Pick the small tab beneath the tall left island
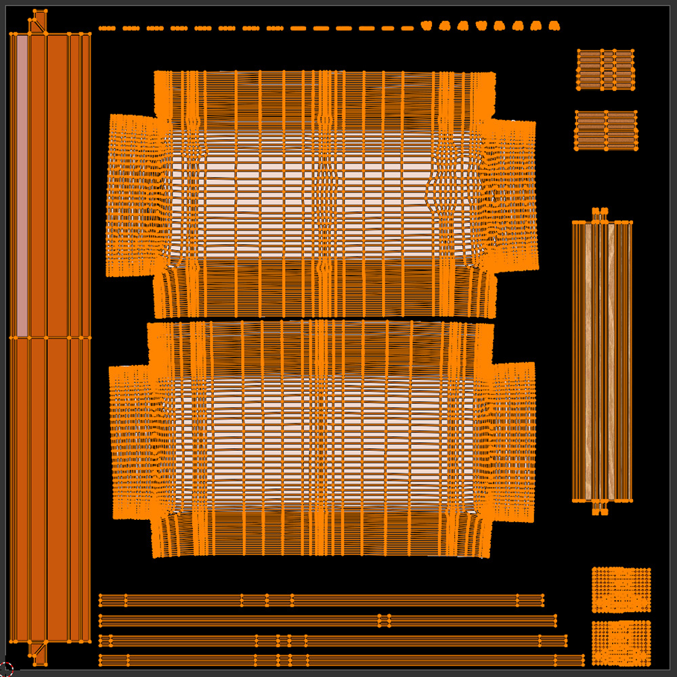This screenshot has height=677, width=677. tap(39, 651)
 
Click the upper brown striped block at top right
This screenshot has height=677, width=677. tap(605, 68)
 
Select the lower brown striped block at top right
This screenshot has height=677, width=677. tap(606, 130)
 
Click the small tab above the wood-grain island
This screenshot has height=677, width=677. tap(599, 215)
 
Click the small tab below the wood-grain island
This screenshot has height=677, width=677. tap(600, 507)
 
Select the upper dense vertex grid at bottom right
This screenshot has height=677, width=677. tap(621, 589)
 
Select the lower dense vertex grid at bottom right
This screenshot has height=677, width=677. tap(621, 643)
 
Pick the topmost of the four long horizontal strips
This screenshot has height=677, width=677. tap(322, 600)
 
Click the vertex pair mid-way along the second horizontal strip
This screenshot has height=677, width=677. tap(384, 620)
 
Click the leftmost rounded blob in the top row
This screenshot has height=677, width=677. tap(426, 26)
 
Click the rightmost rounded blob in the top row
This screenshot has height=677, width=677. tap(554, 26)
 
